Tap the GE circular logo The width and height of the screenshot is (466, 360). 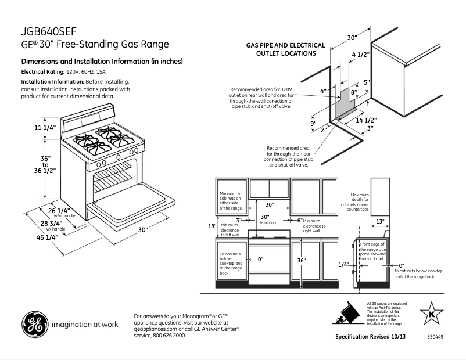point(34,325)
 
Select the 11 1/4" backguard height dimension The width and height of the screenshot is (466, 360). point(45,128)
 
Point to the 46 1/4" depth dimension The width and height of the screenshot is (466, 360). point(45,237)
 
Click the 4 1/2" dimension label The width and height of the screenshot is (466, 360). point(361,55)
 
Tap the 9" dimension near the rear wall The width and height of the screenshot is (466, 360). point(312,124)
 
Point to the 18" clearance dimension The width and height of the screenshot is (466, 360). point(212,226)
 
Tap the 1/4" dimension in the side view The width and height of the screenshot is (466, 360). point(343,264)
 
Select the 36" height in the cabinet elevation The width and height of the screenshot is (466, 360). point(301,261)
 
